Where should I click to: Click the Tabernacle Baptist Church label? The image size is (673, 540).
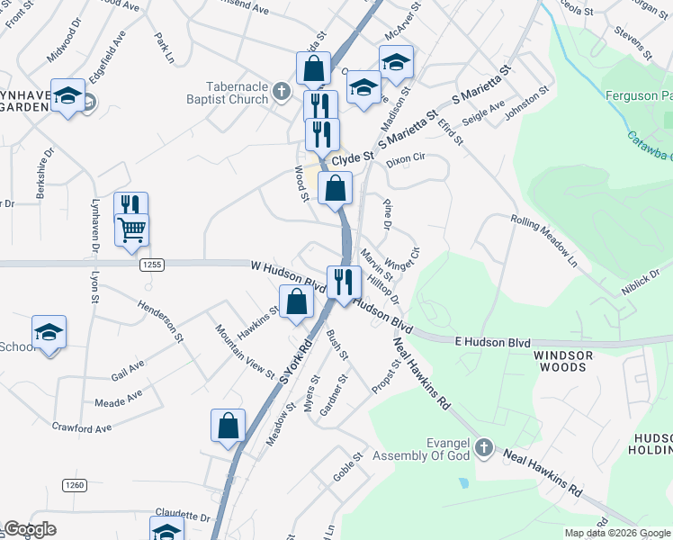[x=228, y=93]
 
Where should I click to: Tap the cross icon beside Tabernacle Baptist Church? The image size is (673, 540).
[x=281, y=92]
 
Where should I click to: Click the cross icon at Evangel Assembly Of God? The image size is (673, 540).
[x=484, y=447]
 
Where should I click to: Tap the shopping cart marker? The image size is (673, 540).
[x=131, y=230]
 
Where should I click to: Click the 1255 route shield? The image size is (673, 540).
[x=151, y=264]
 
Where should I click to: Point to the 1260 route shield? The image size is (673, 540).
[x=75, y=485]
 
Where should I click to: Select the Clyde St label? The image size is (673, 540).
[x=352, y=158]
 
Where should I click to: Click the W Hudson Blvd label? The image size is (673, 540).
[x=287, y=274]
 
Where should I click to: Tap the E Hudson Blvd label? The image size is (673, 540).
[x=493, y=342]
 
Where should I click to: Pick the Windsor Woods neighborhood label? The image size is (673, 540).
[x=564, y=362]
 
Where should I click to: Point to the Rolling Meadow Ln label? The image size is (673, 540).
[x=543, y=243]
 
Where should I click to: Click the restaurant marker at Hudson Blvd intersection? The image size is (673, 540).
[x=343, y=282]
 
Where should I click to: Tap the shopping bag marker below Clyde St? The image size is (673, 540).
[x=335, y=189]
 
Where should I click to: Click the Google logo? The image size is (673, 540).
[x=30, y=529]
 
